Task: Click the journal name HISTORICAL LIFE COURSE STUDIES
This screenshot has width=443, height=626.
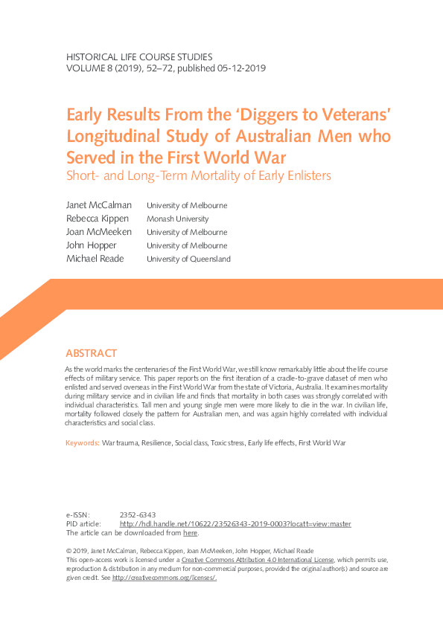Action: [x=139, y=57]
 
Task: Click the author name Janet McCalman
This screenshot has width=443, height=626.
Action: [x=99, y=205]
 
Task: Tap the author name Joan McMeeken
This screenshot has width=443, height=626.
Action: [x=99, y=232]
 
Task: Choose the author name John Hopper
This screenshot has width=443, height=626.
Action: [x=91, y=245]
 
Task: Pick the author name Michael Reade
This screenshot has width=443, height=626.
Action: [x=95, y=259]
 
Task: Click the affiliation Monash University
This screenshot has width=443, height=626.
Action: [x=177, y=219]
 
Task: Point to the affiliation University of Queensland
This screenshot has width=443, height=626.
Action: [x=188, y=259]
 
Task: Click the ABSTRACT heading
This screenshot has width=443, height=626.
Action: [x=92, y=353]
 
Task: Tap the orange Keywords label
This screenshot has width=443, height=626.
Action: [x=83, y=442]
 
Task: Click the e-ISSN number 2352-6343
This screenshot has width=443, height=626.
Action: [x=137, y=514]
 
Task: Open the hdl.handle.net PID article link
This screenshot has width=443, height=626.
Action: [x=235, y=524]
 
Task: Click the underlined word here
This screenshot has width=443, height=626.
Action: [x=191, y=533]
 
